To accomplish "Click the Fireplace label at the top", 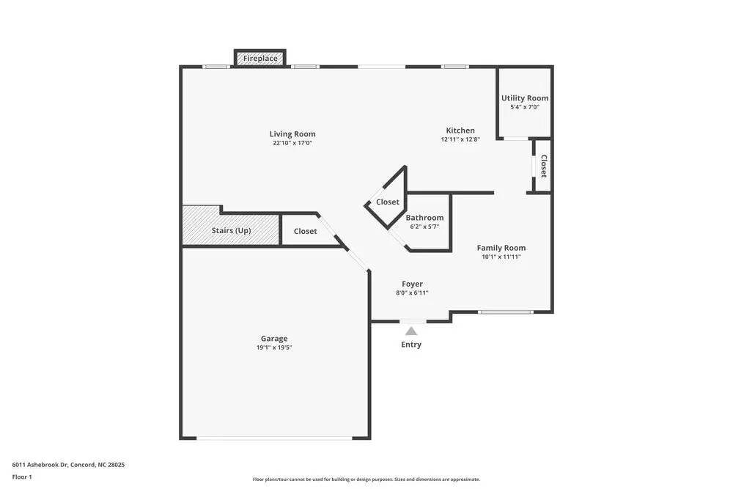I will (x=260, y=58).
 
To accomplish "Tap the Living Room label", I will (x=292, y=133).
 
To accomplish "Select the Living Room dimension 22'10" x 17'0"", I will (x=292, y=143).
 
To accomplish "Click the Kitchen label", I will (x=460, y=130).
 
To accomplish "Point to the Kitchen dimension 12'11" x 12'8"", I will (x=460, y=139).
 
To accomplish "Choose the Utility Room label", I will (x=525, y=98).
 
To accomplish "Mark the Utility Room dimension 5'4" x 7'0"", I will (x=525, y=107).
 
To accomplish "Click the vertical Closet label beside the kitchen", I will (x=543, y=166).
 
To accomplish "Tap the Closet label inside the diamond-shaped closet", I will (x=388, y=202).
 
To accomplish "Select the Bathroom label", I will (x=424, y=218).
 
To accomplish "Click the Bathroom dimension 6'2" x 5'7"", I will (x=424, y=227).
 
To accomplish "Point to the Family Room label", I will (x=501, y=248).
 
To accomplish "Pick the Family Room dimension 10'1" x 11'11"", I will (x=501, y=257).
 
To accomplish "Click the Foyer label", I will (x=412, y=284).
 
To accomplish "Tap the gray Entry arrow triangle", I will (x=411, y=331).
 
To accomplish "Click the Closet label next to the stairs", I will (x=306, y=231).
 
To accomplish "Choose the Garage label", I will (x=274, y=339).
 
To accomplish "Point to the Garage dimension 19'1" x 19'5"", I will (x=274, y=348).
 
